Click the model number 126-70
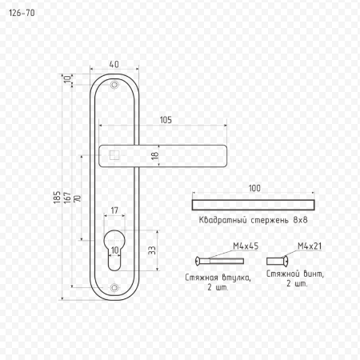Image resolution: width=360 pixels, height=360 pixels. click(x=22, y=13)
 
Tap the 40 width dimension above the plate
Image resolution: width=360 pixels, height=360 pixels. click(x=114, y=64)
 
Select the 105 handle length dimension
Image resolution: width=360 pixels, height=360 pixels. click(x=166, y=120)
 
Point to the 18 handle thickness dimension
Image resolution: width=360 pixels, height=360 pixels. click(x=155, y=156)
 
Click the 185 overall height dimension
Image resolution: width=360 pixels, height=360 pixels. click(x=57, y=198)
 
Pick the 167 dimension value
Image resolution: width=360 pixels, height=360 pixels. click(x=67, y=198)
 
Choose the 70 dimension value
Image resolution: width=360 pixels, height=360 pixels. click(x=78, y=198)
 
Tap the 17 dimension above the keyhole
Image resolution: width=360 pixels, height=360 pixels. click(x=114, y=210)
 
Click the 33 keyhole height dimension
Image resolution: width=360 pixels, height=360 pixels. click(x=152, y=250)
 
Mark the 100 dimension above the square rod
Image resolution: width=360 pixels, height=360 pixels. click(x=254, y=188)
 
